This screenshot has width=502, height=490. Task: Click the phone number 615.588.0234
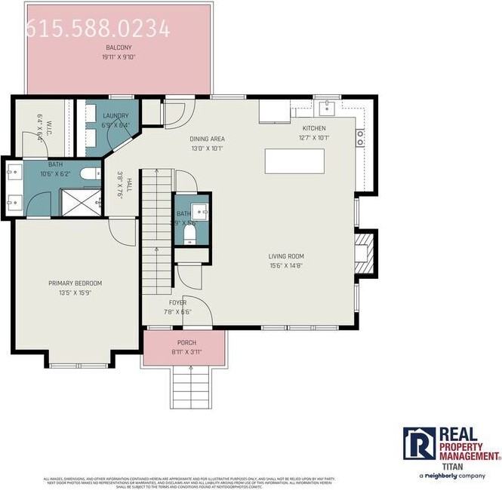[x=98, y=29]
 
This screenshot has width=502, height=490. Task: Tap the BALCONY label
[x=119, y=47]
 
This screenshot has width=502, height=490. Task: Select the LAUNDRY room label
[x=115, y=116]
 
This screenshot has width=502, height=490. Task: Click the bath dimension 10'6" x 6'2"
[x=56, y=173]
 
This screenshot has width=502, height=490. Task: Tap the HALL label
[x=129, y=185]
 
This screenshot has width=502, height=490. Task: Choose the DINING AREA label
[x=206, y=139]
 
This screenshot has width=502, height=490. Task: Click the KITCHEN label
[x=314, y=129]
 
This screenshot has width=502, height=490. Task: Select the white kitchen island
[x=294, y=161]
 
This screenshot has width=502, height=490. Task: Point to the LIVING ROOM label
[x=286, y=256]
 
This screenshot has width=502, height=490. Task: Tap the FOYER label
[x=177, y=302]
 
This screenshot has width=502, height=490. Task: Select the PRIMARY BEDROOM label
[x=75, y=283]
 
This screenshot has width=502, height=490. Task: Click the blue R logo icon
[x=418, y=443]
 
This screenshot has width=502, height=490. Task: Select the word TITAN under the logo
[x=451, y=466]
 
